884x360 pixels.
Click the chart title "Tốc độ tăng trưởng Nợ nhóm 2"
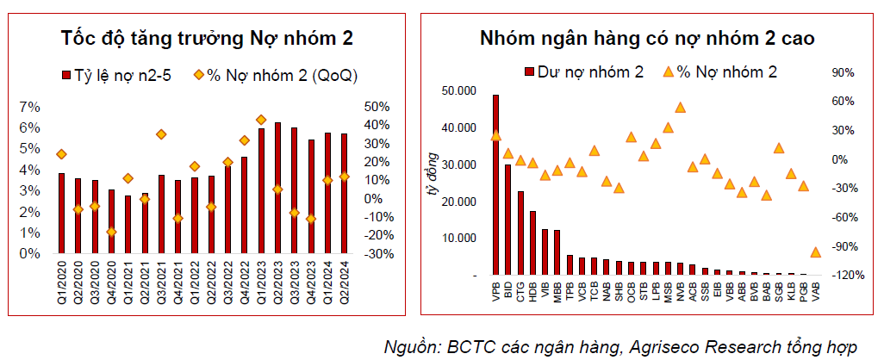(207, 39)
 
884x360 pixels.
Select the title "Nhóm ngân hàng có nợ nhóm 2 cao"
(648, 39)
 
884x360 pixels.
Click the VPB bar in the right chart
(495, 185)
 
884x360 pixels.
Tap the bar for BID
(507, 220)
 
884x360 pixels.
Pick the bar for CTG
(520, 233)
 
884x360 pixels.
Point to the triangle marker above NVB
(680, 108)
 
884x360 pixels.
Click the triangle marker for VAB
(815, 252)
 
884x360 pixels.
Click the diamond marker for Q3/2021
(161, 134)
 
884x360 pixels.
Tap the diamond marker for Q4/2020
(111, 232)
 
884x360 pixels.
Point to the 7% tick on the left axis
(30, 107)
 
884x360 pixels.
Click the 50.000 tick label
(458, 91)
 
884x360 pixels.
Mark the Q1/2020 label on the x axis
(61, 286)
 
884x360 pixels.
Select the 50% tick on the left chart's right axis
(377, 107)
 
